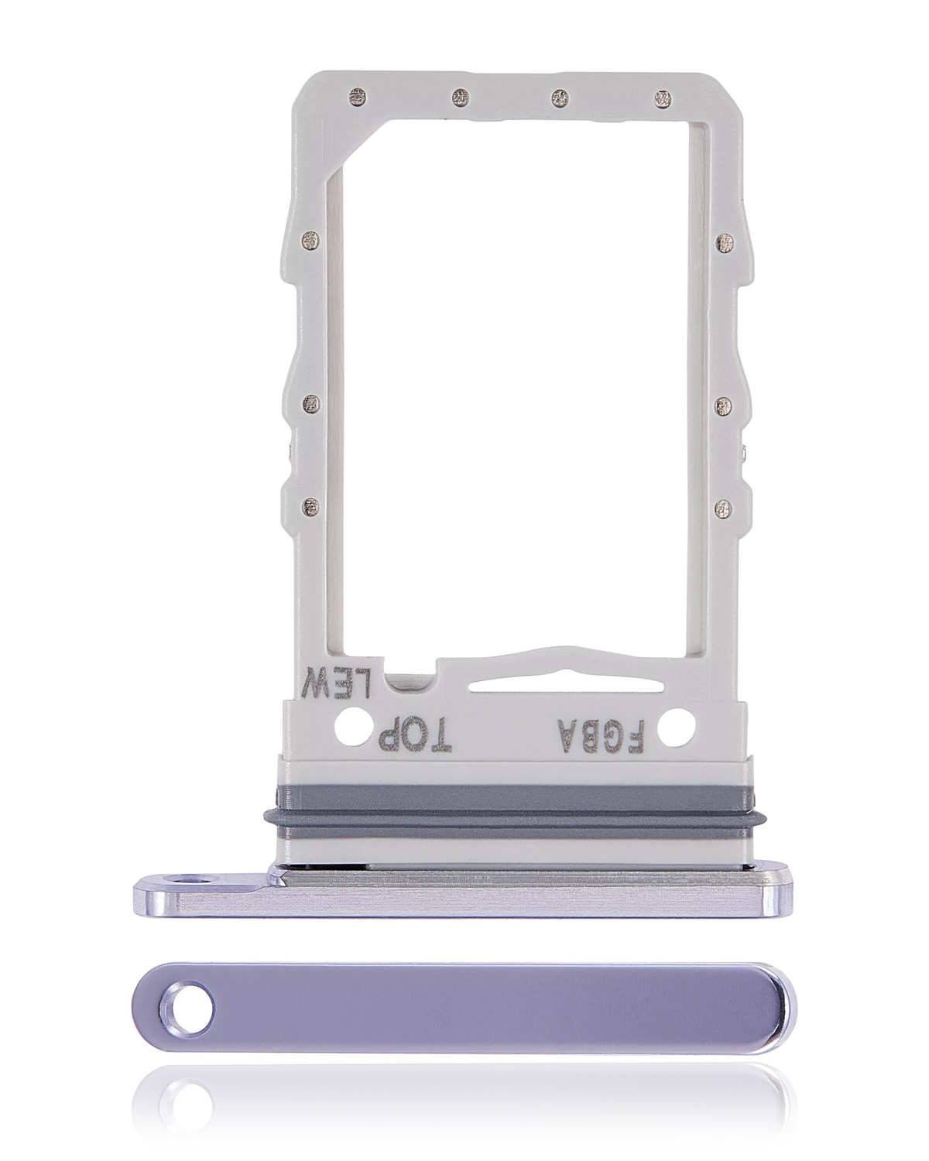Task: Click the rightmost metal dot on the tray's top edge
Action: [x=662, y=98]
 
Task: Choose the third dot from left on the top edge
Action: [x=560, y=98]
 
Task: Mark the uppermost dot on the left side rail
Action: [x=312, y=241]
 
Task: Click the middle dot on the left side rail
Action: [x=312, y=403]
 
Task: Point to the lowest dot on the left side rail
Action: [x=312, y=507]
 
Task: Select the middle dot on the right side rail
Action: [x=725, y=403]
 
